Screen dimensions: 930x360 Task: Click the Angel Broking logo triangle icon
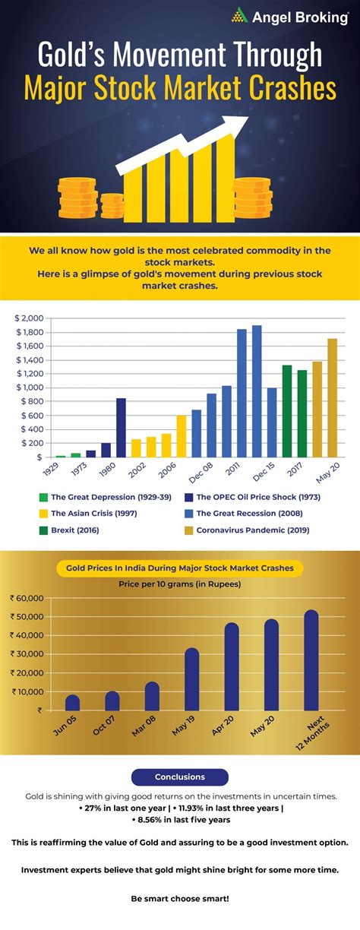coord(241,14)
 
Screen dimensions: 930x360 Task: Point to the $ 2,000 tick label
coord(30,318)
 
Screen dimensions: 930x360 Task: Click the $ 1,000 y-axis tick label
coord(30,387)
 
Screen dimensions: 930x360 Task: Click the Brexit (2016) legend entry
coord(74,529)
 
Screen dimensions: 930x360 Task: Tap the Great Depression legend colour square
coord(43,498)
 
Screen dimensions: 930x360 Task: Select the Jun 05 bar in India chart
coord(72,702)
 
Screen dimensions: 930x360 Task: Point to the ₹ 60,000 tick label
coord(27,599)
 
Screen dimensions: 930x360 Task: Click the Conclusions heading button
coord(179,777)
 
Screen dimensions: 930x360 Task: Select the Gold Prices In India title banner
coord(179,568)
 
